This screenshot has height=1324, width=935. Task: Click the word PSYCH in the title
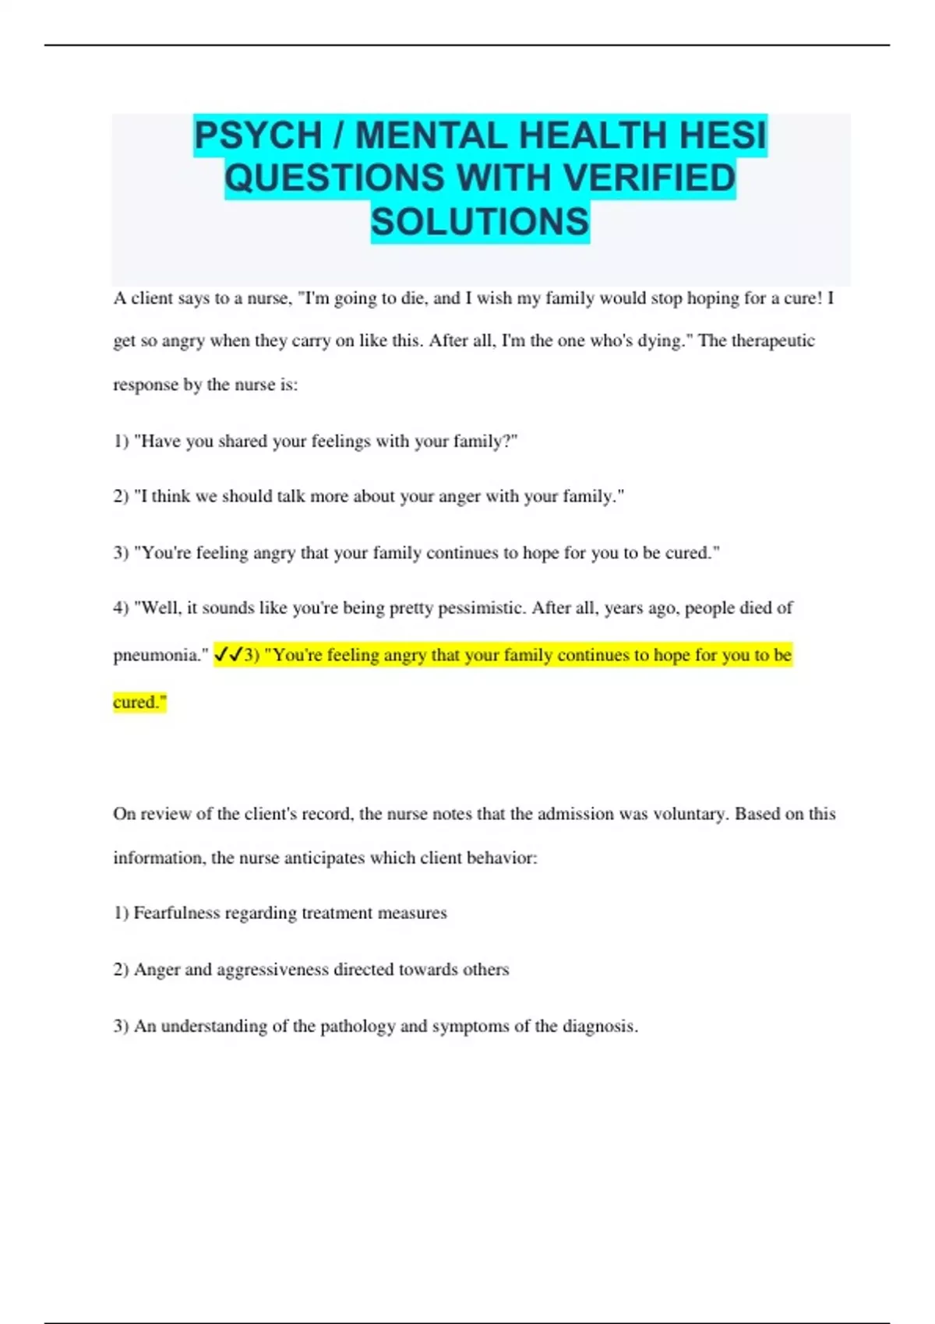click(258, 136)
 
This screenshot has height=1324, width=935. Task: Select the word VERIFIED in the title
click(649, 178)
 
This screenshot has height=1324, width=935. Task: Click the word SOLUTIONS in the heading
click(480, 221)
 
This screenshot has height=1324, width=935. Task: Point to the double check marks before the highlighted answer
click(228, 655)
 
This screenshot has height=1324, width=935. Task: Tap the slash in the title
click(338, 136)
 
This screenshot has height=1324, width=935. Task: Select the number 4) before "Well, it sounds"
click(121, 607)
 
